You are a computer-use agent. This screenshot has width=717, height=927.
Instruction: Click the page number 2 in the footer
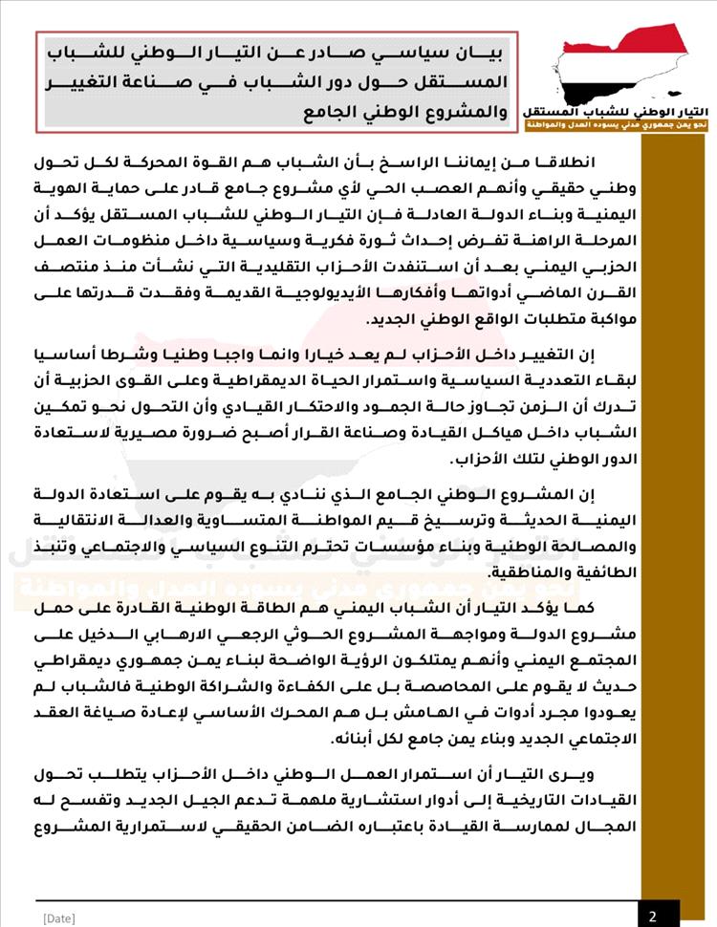652,915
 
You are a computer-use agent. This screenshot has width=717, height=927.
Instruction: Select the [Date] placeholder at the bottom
58,917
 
